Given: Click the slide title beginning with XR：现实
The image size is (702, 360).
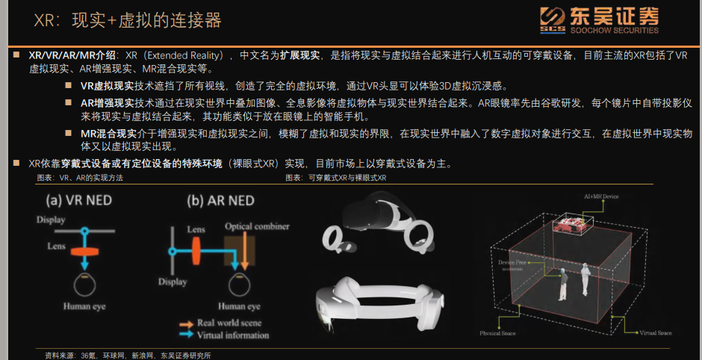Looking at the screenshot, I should pos(128,19).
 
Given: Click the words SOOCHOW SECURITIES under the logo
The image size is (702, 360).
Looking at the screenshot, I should pos(612,31).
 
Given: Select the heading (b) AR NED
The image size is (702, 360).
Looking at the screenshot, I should pos(220,200).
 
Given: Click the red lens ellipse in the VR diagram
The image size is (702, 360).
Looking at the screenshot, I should pos(86,247).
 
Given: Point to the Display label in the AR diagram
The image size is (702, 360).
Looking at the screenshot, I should pos(173,282).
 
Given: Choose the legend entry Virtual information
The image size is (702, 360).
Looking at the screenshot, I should pos(232,335).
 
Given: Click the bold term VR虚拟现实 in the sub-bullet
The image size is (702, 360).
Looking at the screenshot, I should pos(107,86).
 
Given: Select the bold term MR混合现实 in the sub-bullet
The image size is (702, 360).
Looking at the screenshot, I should pos(107,133).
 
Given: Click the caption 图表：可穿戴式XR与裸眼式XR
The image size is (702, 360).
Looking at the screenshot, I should pos(335,179).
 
